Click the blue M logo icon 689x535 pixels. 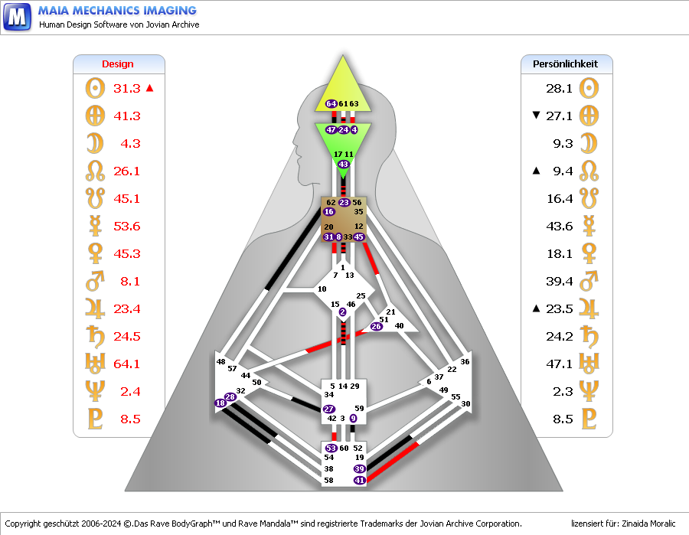17,17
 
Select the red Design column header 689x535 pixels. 118,64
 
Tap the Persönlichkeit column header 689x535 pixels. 565,64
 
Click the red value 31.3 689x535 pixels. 127,88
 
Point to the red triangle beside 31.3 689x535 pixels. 150,88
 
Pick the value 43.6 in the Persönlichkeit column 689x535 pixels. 560,227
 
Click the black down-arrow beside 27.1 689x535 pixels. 536,115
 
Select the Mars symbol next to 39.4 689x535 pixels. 589,281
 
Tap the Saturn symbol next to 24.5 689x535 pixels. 96,337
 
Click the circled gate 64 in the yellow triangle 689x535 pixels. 331,103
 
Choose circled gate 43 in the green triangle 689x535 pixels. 343,165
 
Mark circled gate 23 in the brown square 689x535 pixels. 344,203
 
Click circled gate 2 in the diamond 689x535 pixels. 342,312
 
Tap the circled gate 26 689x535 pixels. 376,326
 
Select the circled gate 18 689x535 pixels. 220,403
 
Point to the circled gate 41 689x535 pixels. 360,480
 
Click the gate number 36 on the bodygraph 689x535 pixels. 465,361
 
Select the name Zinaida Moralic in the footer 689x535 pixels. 648,524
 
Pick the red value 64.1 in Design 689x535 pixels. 126,364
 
